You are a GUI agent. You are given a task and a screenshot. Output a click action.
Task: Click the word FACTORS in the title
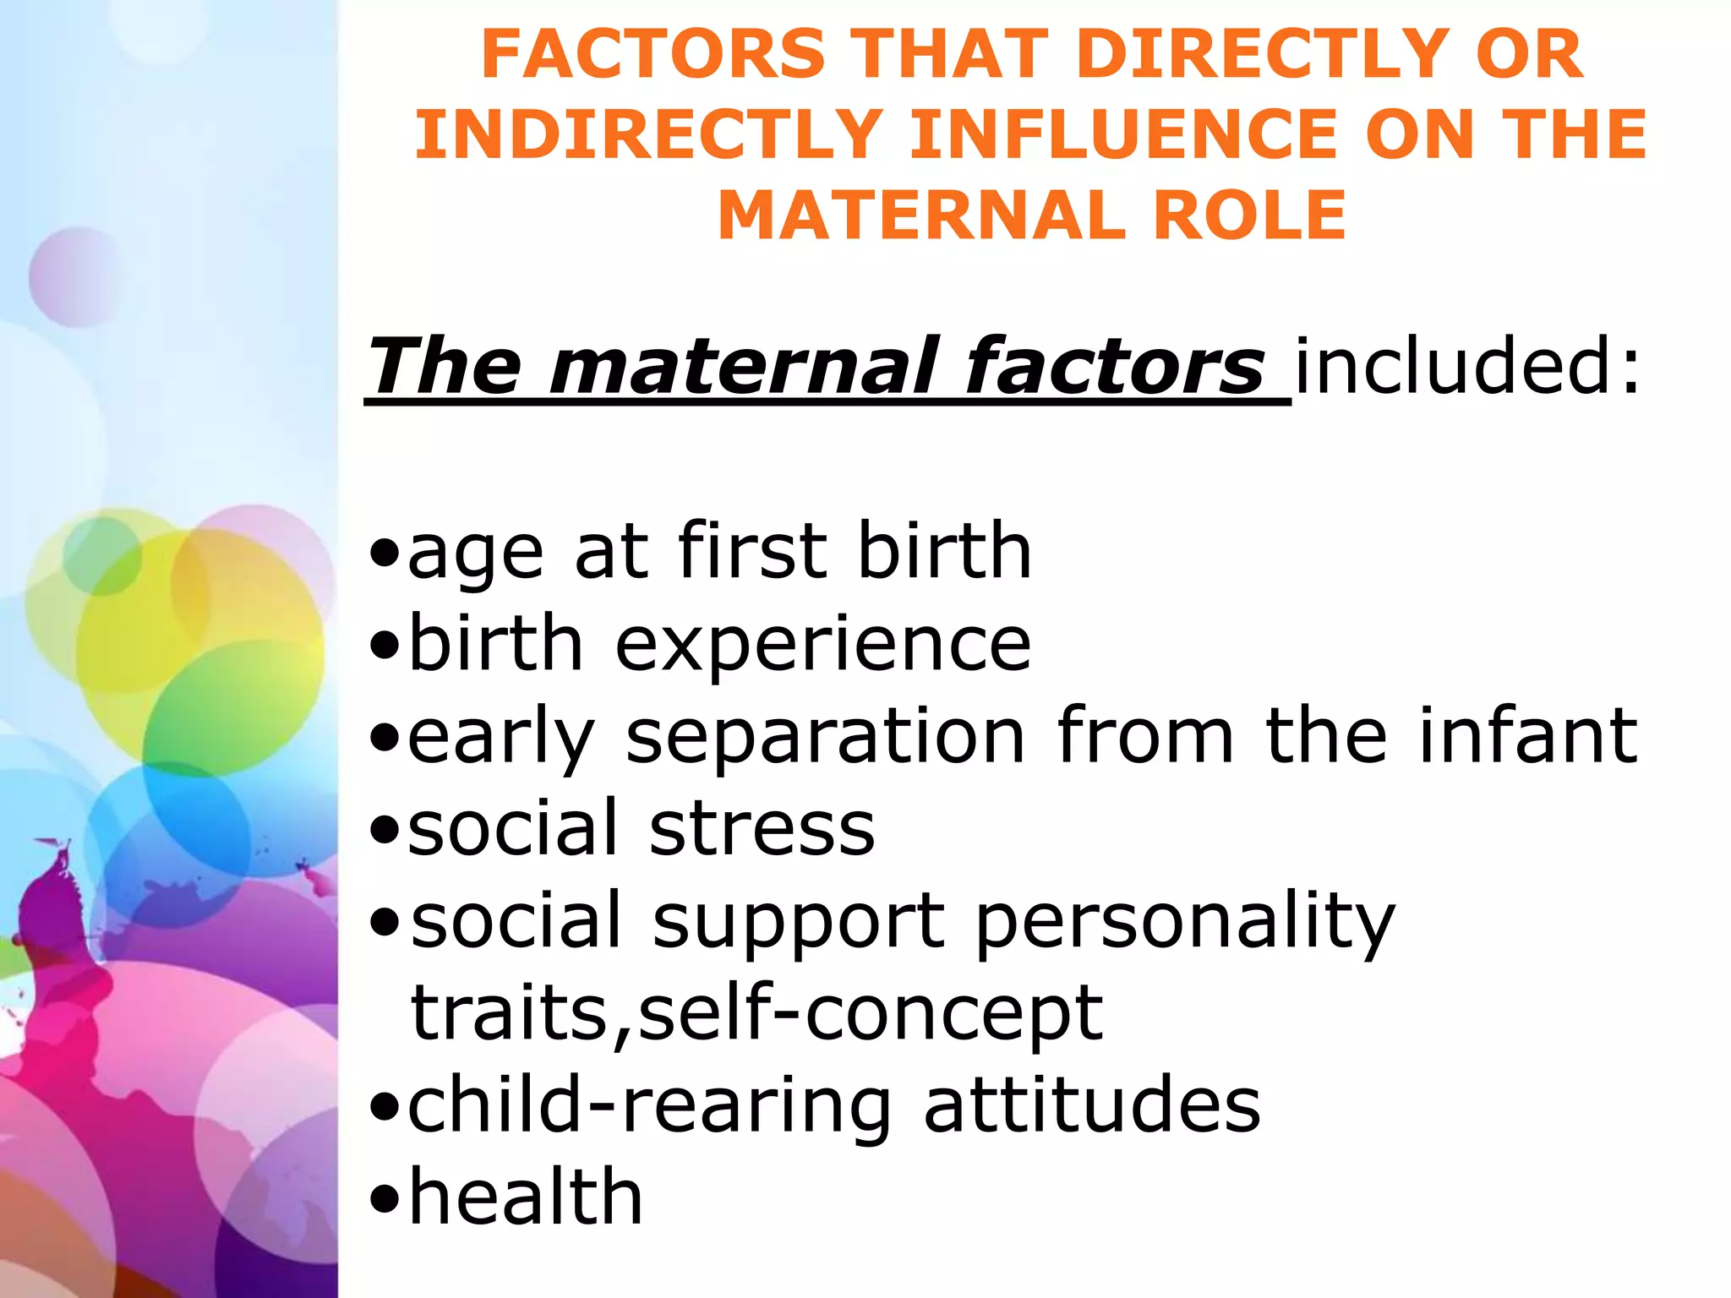point(653,54)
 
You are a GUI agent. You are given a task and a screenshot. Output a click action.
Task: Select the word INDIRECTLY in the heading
point(649,134)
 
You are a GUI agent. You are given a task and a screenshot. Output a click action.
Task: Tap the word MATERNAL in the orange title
point(921,215)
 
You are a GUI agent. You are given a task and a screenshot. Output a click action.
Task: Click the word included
point(1467,366)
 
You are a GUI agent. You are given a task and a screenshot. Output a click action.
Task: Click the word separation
point(825,738)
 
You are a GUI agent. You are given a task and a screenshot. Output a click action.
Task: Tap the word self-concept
point(871,1013)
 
